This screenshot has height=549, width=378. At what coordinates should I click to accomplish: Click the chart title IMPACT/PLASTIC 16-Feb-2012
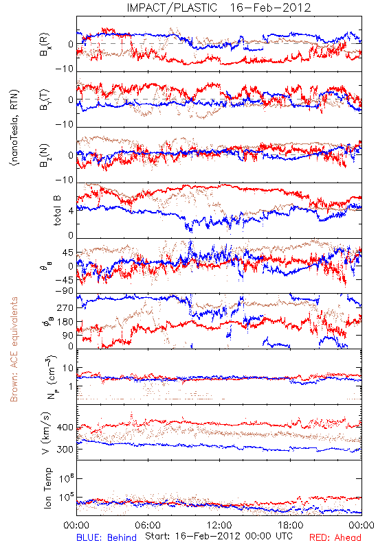[219, 8]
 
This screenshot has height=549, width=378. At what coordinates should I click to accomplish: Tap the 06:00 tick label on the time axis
[148, 525]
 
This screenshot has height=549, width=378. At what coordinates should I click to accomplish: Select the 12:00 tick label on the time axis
[219, 525]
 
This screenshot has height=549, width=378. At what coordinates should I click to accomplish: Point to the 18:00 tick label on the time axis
[291, 525]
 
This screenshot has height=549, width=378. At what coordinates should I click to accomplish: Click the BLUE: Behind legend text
[107, 537]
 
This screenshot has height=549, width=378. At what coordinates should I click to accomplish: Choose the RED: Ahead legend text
[335, 537]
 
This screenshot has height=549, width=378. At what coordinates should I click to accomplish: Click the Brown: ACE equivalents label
[14, 349]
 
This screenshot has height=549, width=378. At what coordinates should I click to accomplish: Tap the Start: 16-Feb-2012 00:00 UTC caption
[219, 536]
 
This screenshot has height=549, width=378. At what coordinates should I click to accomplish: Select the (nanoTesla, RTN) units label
[14, 128]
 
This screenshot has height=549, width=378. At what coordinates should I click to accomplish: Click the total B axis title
[57, 210]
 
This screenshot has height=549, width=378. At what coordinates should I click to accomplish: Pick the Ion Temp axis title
[47, 488]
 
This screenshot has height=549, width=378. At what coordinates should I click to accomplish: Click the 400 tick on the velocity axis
[65, 428]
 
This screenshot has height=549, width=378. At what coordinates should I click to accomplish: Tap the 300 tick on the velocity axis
[65, 449]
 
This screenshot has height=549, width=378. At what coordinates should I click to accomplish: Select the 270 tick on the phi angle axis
[65, 308]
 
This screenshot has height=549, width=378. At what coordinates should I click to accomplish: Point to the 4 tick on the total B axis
[71, 211]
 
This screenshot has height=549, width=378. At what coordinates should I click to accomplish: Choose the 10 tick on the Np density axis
[68, 369]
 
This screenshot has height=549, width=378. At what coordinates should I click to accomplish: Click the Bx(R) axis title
[45, 45]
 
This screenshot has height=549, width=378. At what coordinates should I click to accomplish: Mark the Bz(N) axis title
[45, 156]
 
